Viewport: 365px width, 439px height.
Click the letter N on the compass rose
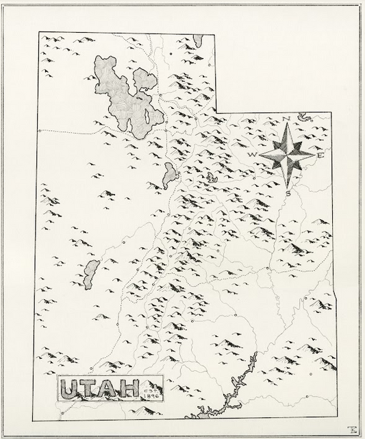tap(287, 119)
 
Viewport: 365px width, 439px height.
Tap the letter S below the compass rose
tap(288, 193)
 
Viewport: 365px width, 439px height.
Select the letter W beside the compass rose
tap(252, 155)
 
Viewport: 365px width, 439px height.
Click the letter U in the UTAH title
tap(69, 389)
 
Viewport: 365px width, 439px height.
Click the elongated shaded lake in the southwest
tap(90, 273)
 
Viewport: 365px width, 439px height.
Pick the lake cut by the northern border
tap(197, 39)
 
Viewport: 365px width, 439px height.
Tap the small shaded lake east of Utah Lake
tap(212, 179)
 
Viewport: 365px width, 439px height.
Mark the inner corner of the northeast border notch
tap(218, 112)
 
